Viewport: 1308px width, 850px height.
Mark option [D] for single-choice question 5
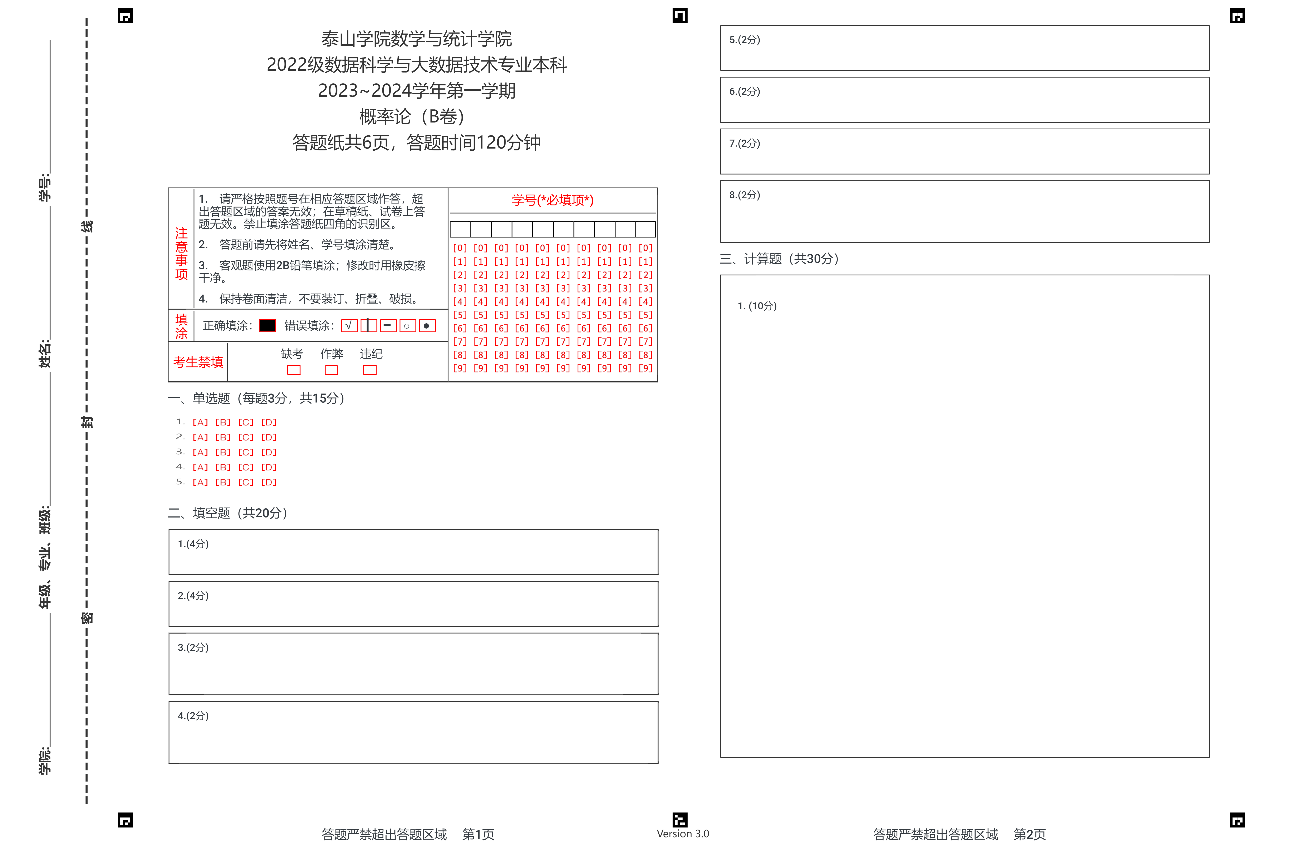269,482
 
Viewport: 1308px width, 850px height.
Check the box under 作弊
331,370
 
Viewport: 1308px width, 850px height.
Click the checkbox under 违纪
370,370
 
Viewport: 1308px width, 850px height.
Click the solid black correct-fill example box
268,325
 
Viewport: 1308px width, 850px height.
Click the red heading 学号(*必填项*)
552,200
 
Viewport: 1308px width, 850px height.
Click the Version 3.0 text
683,834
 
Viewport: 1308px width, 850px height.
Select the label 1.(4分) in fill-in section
193,544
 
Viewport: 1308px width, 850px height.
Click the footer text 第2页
1029,834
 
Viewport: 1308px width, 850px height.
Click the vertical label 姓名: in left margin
45,354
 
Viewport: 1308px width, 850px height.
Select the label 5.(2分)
744,40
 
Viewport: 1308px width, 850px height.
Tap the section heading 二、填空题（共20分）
227,513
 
